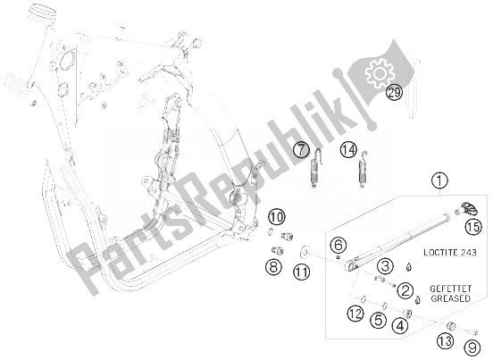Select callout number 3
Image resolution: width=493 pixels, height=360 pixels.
384,265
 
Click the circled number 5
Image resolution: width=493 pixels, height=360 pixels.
378,319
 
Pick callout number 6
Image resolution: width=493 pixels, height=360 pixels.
337,246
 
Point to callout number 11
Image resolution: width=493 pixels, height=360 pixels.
303,272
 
